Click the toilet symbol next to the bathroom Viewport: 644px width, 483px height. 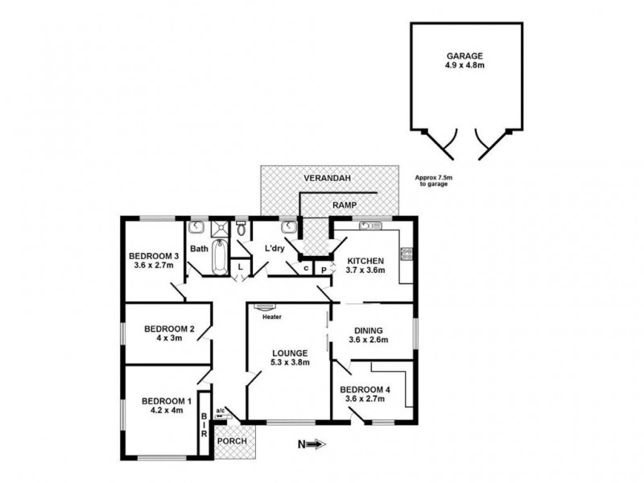[241, 229]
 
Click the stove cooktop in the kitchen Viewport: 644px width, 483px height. [407, 255]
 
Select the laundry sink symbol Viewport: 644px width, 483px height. [287, 226]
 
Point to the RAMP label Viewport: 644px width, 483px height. [344, 205]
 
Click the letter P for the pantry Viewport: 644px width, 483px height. [322, 270]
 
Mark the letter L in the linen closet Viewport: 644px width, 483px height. [240, 266]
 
